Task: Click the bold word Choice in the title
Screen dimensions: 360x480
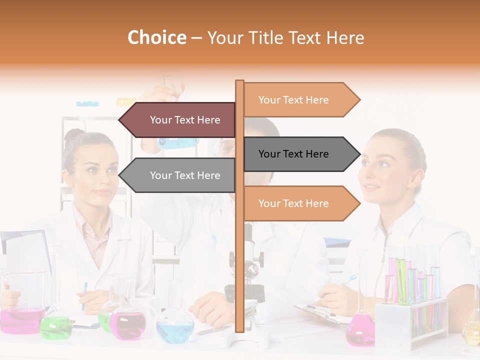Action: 156,37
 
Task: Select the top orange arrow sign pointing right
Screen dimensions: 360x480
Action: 300,100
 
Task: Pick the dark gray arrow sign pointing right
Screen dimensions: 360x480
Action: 300,154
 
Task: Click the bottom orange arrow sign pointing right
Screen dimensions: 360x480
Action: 300,203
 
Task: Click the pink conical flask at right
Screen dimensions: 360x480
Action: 360,330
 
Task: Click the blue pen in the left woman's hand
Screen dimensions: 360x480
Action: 84,295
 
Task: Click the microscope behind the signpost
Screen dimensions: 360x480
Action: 250,280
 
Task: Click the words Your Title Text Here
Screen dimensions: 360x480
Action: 285,37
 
